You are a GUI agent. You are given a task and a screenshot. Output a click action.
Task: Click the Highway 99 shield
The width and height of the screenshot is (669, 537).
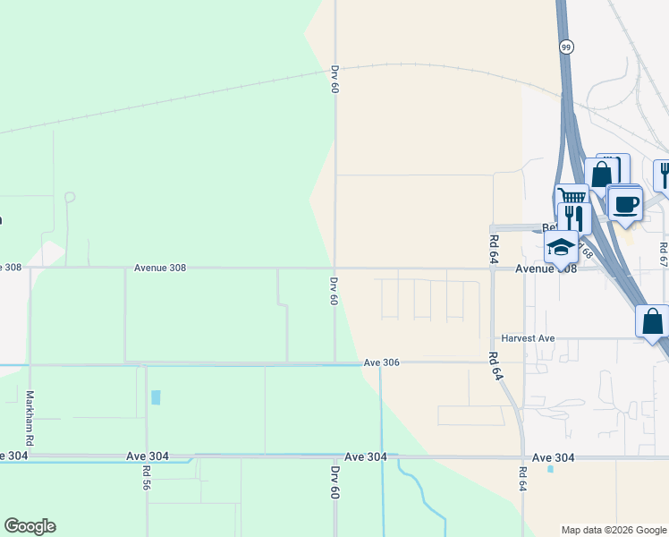click(x=567, y=47)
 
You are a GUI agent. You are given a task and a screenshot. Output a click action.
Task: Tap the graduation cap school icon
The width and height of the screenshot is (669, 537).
click(x=561, y=247)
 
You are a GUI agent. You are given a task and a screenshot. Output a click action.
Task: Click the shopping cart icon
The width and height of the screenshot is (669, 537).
click(x=572, y=196)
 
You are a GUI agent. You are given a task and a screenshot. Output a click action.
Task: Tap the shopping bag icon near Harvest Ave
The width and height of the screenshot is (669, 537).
click(x=652, y=320)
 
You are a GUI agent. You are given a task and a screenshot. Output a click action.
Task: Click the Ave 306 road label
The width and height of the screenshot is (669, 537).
click(x=381, y=362)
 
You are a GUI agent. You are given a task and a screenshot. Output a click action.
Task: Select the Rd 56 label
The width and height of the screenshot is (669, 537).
click(x=146, y=477)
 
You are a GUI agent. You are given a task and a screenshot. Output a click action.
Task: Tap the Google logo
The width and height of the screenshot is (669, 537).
click(x=30, y=526)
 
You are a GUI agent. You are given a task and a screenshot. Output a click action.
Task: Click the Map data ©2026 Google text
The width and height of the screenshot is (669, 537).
click(x=614, y=530)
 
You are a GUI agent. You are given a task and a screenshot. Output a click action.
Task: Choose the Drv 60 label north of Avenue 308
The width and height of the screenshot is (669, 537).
click(x=334, y=79)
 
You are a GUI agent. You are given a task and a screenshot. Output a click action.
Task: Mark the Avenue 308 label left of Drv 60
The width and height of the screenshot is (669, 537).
click(x=160, y=267)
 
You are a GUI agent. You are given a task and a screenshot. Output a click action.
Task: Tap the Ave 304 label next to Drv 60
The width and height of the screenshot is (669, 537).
click(x=366, y=456)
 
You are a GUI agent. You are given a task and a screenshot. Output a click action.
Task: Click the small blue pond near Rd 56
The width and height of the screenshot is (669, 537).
click(x=157, y=397)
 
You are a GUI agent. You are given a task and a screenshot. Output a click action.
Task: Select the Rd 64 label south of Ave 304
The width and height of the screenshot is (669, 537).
click(x=522, y=478)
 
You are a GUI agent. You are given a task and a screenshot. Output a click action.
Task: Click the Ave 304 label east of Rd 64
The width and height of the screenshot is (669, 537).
click(x=553, y=457)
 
